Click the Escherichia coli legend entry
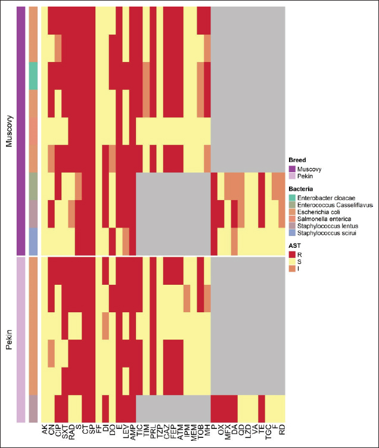(x=319, y=211)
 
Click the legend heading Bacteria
(x=300, y=188)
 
